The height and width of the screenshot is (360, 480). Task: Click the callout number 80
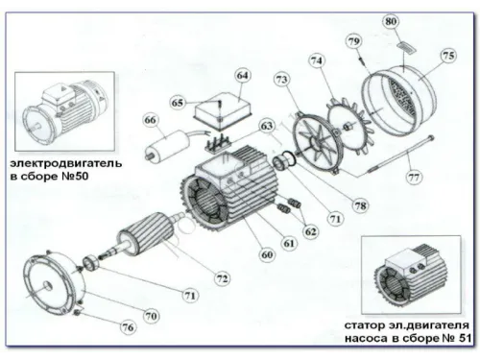391,21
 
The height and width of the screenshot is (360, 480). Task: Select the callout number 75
448,57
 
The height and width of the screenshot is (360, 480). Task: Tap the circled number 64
242,75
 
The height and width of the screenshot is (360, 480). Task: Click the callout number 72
222,278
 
